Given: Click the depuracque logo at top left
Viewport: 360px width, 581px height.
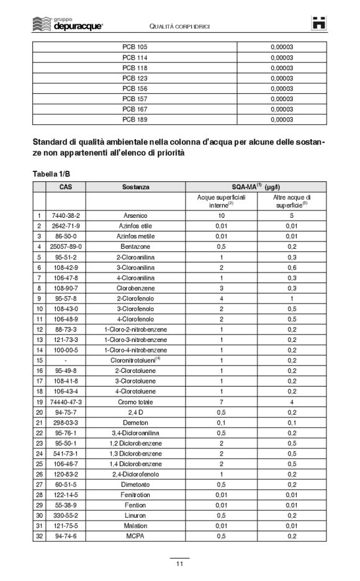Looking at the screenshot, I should click(x=68, y=24).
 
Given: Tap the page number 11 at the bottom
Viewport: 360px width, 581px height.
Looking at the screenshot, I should click(x=179, y=563).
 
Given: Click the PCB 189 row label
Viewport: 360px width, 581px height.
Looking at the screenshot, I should click(x=135, y=119).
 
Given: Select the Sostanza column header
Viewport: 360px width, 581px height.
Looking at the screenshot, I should click(x=135, y=186).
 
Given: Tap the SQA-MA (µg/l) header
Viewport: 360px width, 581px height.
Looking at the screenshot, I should click(x=255, y=186).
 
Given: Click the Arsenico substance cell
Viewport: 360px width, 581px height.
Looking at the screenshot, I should click(x=135, y=215).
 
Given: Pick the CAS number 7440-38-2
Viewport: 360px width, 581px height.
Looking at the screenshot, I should click(x=65, y=215).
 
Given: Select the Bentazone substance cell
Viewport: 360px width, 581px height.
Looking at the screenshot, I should click(x=135, y=246).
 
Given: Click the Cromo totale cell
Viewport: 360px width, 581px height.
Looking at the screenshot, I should click(x=135, y=401).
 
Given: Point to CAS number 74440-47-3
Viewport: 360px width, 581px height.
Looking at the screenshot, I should click(x=65, y=401).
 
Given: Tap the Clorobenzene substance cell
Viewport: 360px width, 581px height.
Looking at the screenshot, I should click(x=135, y=287).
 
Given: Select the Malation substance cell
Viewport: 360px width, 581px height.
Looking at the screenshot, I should click(x=135, y=525).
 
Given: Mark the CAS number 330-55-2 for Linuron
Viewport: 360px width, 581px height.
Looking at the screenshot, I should click(x=65, y=515).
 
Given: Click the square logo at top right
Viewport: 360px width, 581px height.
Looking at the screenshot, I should click(x=318, y=24).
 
